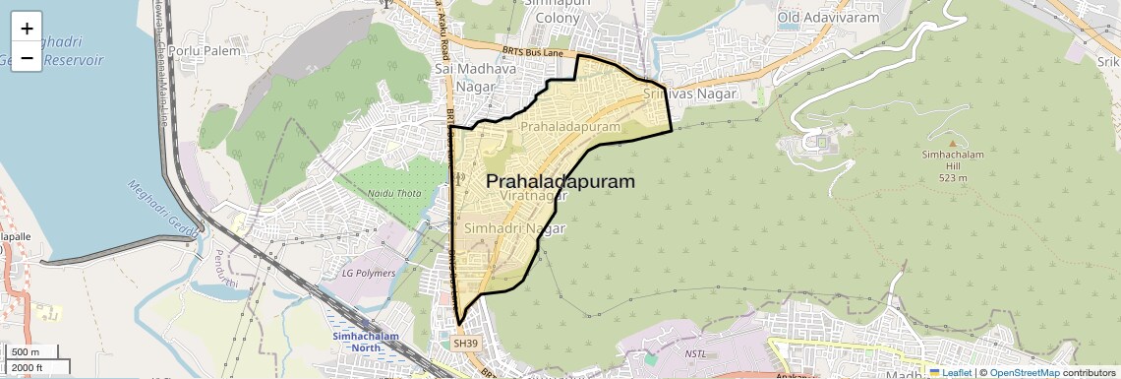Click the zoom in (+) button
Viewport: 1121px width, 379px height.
pyautogui.click(x=27, y=29)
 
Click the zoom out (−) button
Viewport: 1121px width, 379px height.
pyautogui.click(x=27, y=58)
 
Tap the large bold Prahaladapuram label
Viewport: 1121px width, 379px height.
pyautogui.click(x=560, y=182)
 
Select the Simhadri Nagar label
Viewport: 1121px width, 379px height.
pyautogui.click(x=515, y=228)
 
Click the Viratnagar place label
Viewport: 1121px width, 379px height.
pyautogui.click(x=534, y=197)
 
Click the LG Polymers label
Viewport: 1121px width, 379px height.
pyautogui.click(x=368, y=273)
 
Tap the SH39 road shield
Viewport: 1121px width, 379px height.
pyautogui.click(x=464, y=344)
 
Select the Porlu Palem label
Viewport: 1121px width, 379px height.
pyautogui.click(x=199, y=49)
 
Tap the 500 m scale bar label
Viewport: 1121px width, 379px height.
pyautogui.click(x=26, y=352)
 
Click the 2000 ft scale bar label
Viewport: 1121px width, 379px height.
pyautogui.click(x=28, y=367)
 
